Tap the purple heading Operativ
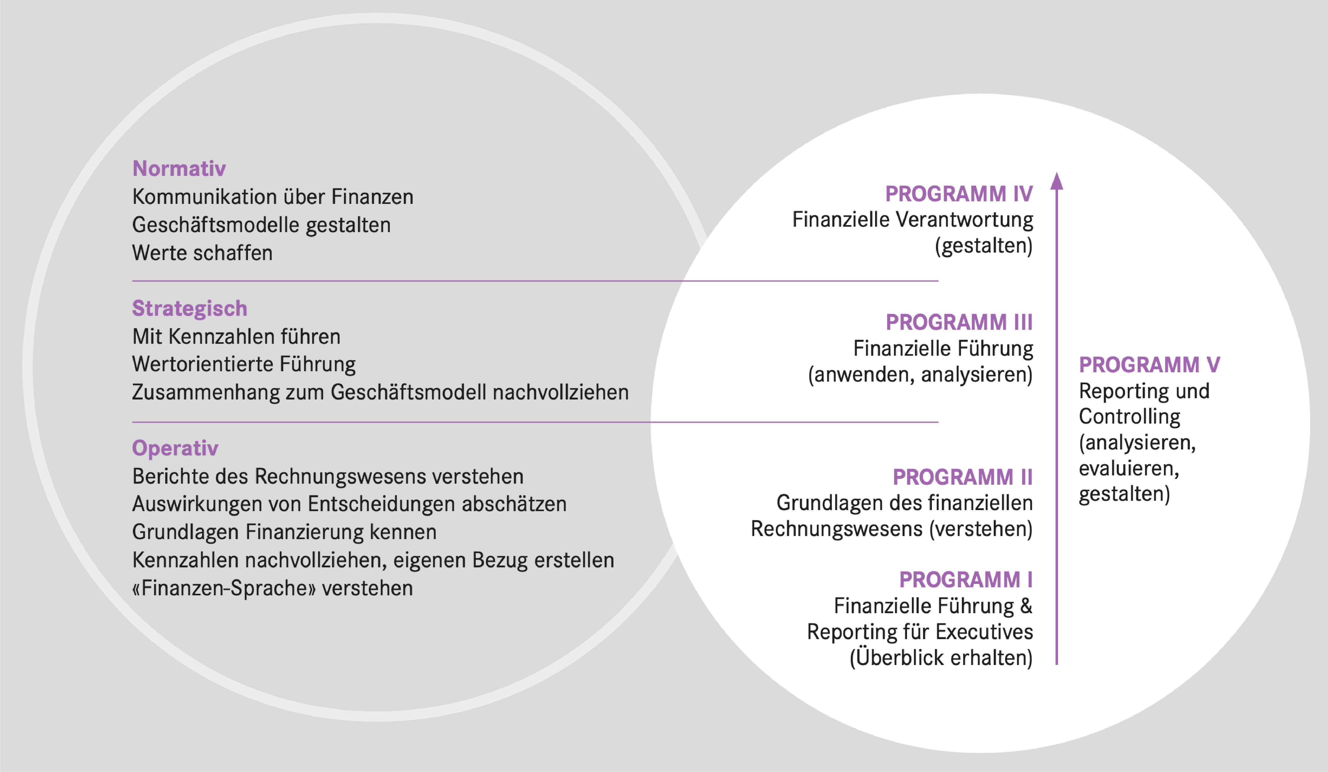(x=175, y=448)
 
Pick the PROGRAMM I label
(x=966, y=580)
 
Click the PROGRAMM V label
(x=1149, y=365)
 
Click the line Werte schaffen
(x=202, y=253)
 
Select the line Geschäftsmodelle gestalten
(x=261, y=225)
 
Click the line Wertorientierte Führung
(x=244, y=364)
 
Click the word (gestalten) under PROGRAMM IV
(x=983, y=246)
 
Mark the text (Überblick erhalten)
(x=941, y=658)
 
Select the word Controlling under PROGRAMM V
(x=1129, y=416)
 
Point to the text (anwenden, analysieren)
(x=920, y=375)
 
